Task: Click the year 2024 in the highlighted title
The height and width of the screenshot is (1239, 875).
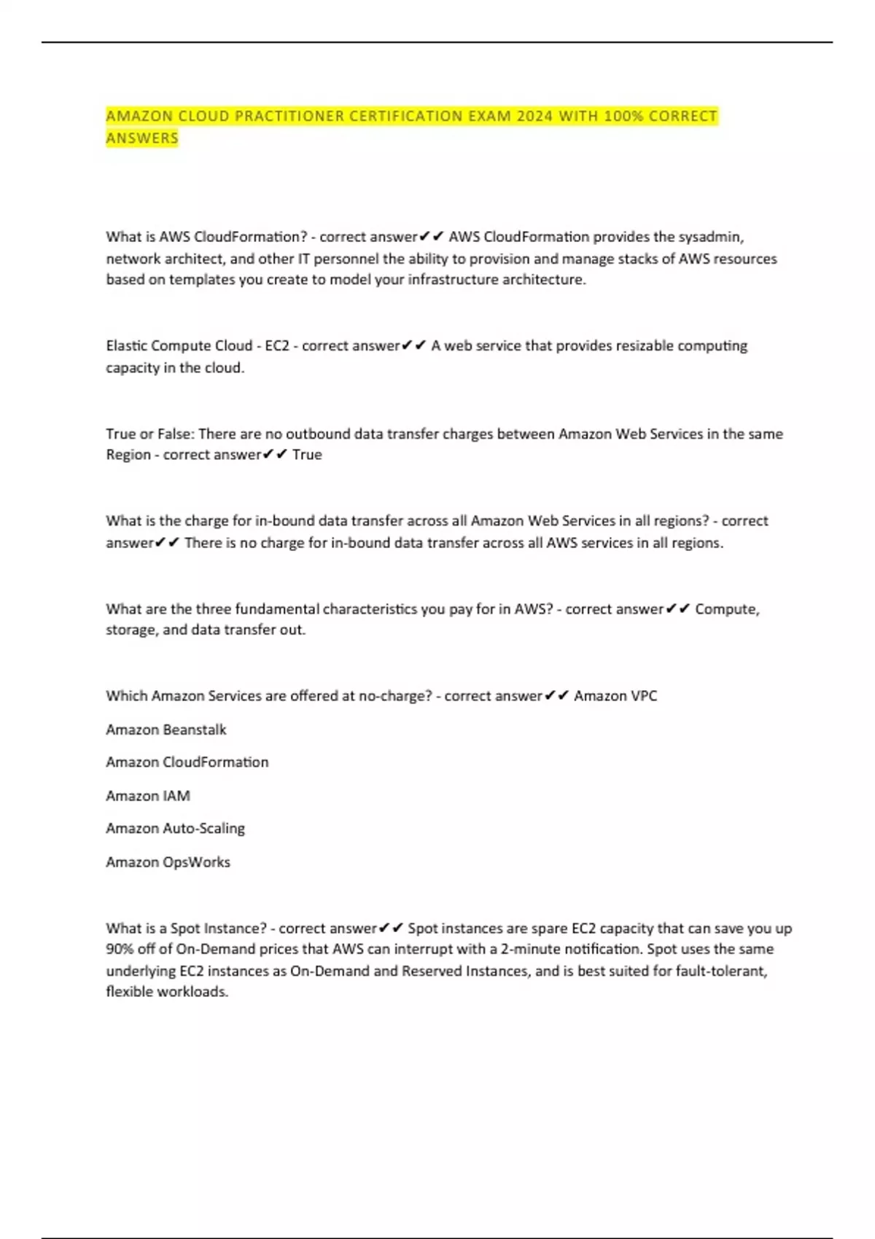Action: (x=534, y=117)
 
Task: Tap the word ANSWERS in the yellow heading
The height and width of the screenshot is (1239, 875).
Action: (x=142, y=138)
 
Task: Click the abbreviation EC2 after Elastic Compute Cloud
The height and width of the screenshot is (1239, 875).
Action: (x=277, y=345)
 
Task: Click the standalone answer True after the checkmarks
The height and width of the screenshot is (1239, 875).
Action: (x=307, y=455)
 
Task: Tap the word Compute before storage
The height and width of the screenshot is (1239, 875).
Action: (x=726, y=609)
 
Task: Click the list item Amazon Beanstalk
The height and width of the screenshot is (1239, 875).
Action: (x=166, y=730)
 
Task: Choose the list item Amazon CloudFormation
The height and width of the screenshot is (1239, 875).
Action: (x=187, y=762)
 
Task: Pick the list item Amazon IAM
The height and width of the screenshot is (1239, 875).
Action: (x=148, y=796)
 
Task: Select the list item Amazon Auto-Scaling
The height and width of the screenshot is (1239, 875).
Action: (x=176, y=829)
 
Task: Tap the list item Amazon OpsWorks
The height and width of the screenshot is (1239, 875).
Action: (x=168, y=862)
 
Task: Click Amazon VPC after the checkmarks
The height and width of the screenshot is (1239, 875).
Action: (x=615, y=696)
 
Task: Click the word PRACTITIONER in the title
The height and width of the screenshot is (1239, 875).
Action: (x=289, y=117)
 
